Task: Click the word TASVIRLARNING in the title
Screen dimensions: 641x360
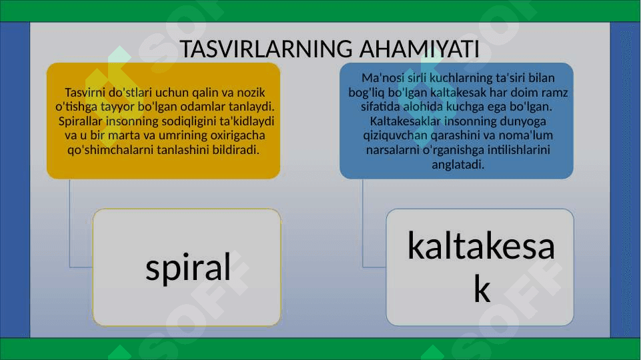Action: [266, 49]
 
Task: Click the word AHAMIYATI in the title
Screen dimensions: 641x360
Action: [420, 49]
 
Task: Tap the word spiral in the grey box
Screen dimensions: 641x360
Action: [188, 267]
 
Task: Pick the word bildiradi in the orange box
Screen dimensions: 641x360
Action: [235, 149]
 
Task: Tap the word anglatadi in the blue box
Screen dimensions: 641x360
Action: [458, 165]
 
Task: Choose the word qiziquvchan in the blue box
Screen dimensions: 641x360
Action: [390, 135]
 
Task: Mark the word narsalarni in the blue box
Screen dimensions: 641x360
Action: [393, 150]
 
